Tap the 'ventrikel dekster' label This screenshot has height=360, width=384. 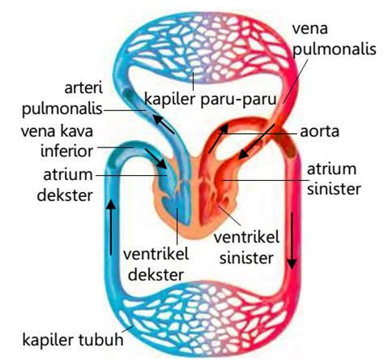tap(154, 263)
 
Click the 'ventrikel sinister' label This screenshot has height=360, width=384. tap(245, 245)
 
